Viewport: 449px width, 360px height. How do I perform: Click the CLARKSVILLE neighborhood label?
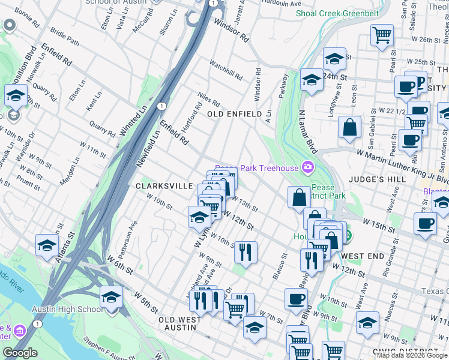pos(163,187)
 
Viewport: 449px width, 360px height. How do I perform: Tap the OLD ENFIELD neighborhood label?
pos(234,114)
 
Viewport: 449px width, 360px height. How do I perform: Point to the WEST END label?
pos(363,256)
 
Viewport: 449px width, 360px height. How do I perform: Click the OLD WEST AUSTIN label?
pos(180,324)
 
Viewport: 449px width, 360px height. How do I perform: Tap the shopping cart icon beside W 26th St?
pos(382,36)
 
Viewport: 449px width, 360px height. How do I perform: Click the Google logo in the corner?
pos(20,353)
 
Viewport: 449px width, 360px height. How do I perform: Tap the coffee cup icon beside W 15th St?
pos(425,223)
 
